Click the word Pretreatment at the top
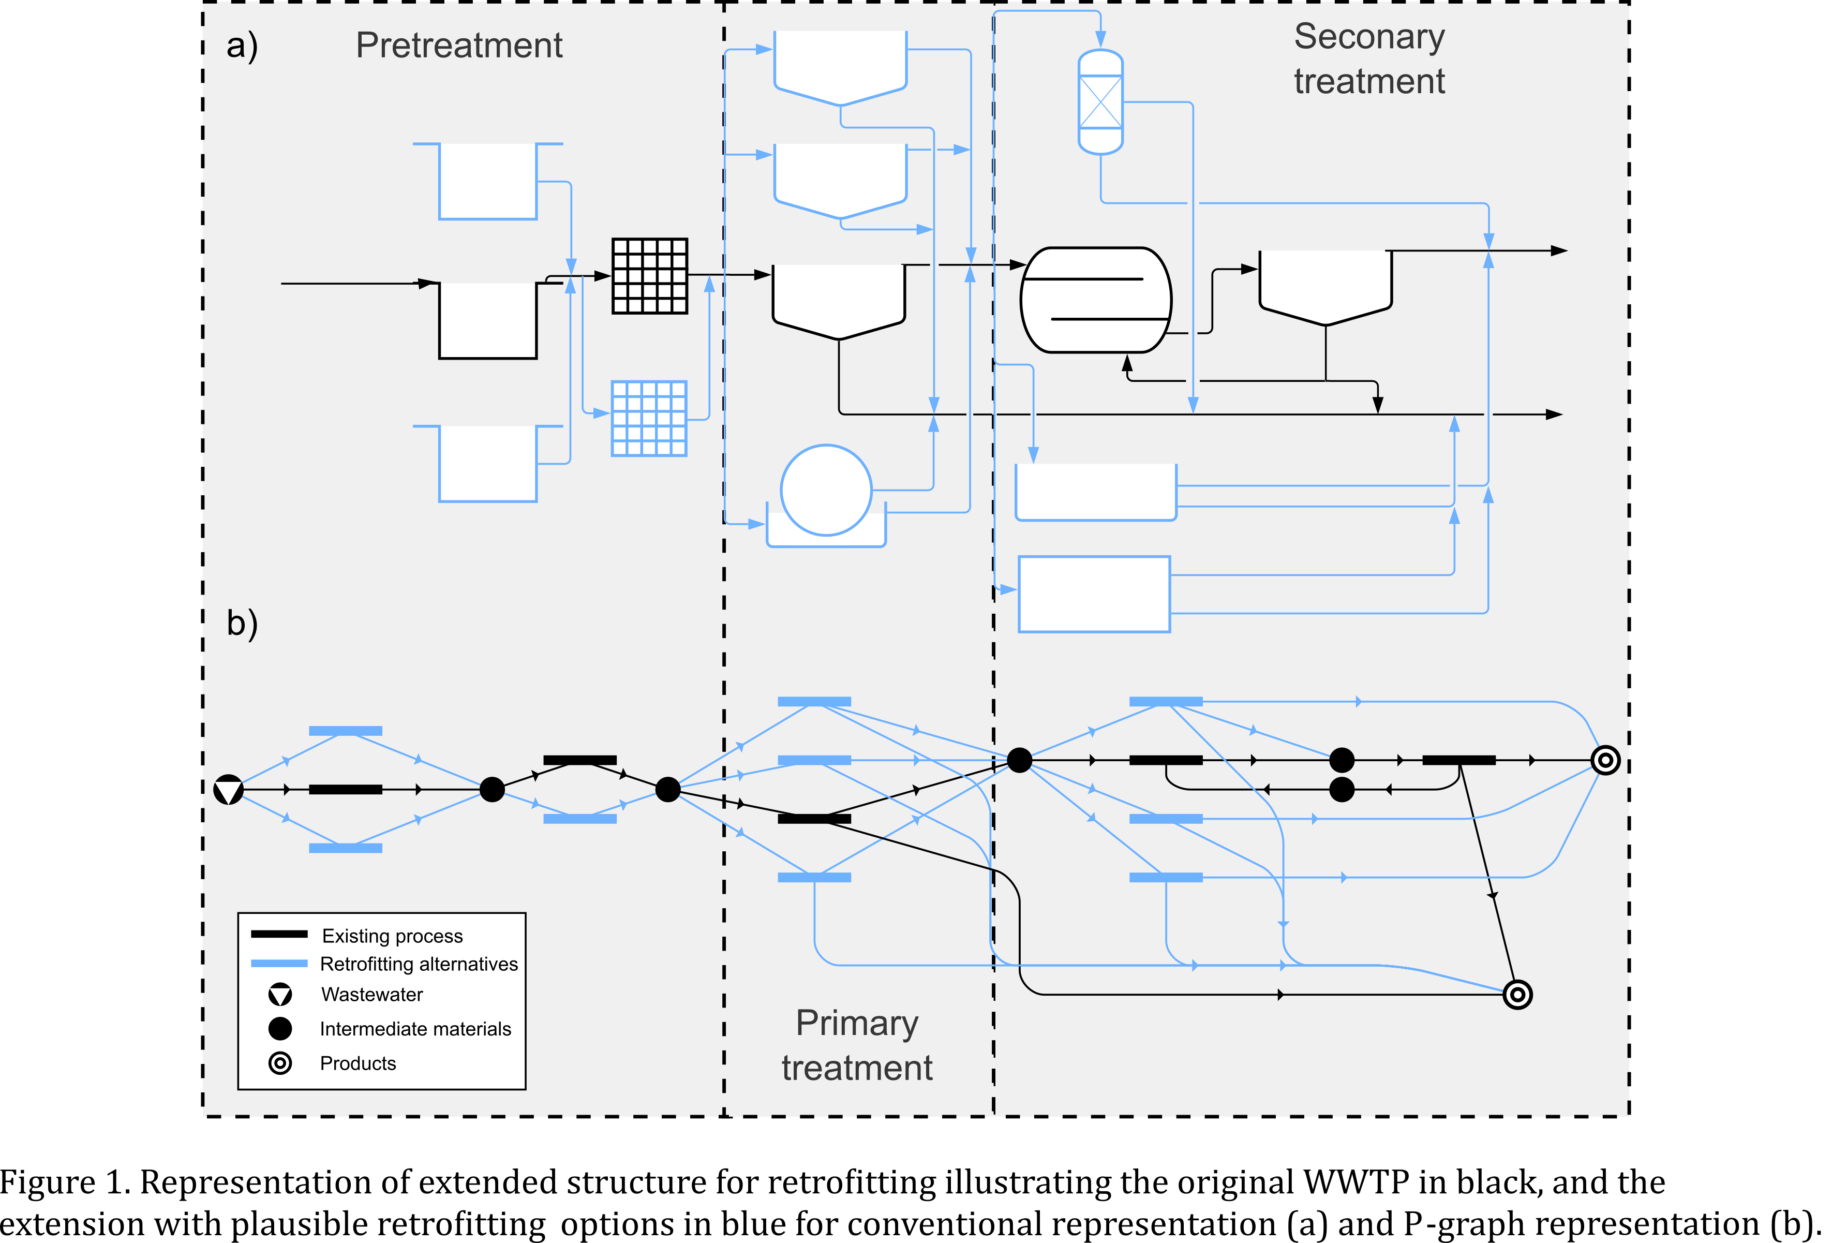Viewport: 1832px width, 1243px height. tap(459, 46)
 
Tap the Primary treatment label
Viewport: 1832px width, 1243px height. tap(857, 1045)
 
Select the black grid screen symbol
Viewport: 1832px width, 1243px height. tap(650, 276)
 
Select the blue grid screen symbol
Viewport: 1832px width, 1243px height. tap(649, 419)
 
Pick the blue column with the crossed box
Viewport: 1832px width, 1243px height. tap(1100, 102)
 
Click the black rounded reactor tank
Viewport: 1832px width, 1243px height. tap(1096, 300)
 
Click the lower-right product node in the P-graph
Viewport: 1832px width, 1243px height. tap(1517, 995)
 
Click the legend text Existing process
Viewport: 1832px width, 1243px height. tap(392, 936)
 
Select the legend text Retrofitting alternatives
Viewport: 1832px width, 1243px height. tap(419, 964)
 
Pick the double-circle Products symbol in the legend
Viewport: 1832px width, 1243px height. tap(280, 1063)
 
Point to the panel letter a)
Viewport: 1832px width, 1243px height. tap(242, 46)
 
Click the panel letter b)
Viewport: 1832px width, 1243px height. tap(242, 623)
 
